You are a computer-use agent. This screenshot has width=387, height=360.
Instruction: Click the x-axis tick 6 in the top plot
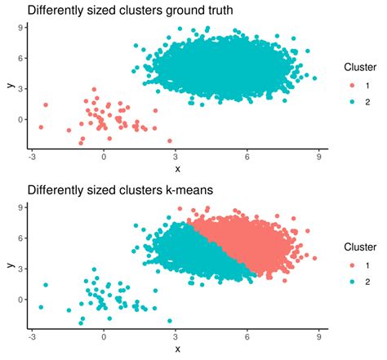coord(246,158)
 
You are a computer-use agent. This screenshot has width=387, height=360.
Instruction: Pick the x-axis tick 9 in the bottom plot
coord(317,337)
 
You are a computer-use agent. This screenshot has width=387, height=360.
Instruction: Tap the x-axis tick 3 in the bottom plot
coord(175,337)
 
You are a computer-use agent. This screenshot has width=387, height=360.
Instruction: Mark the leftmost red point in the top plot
coord(41,127)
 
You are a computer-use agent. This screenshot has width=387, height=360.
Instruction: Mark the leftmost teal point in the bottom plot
coord(41,307)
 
